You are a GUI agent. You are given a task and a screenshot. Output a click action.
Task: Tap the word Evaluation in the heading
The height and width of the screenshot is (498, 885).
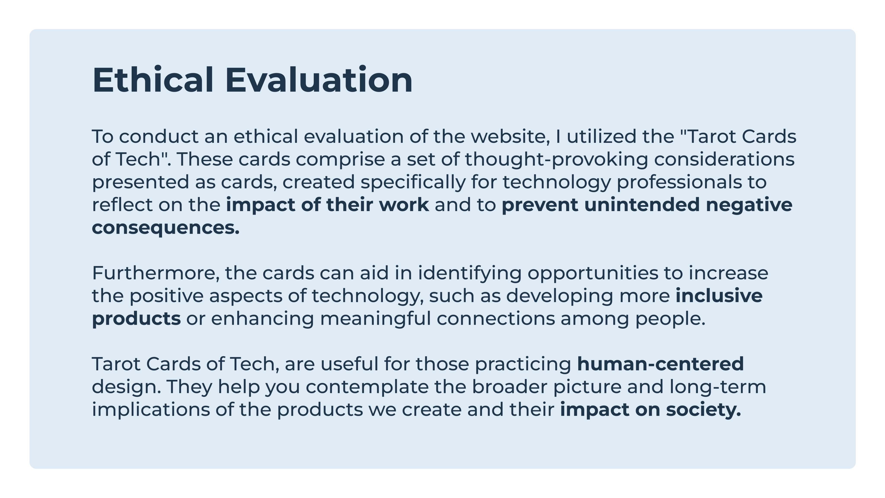point(319,80)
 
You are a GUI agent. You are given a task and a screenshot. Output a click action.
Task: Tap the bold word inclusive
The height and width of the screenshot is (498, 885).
point(719,296)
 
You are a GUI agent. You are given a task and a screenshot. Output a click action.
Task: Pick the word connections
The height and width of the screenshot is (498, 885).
point(496,319)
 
